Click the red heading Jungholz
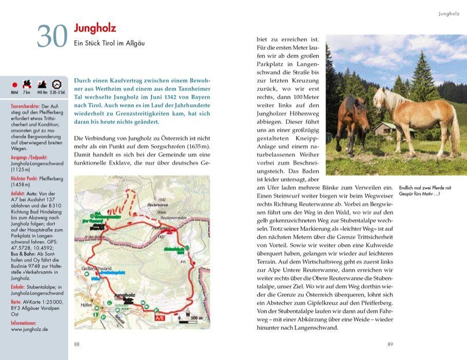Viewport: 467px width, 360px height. click(x=95, y=28)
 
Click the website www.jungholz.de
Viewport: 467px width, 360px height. click(x=29, y=329)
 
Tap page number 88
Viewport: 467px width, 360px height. click(x=77, y=344)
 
